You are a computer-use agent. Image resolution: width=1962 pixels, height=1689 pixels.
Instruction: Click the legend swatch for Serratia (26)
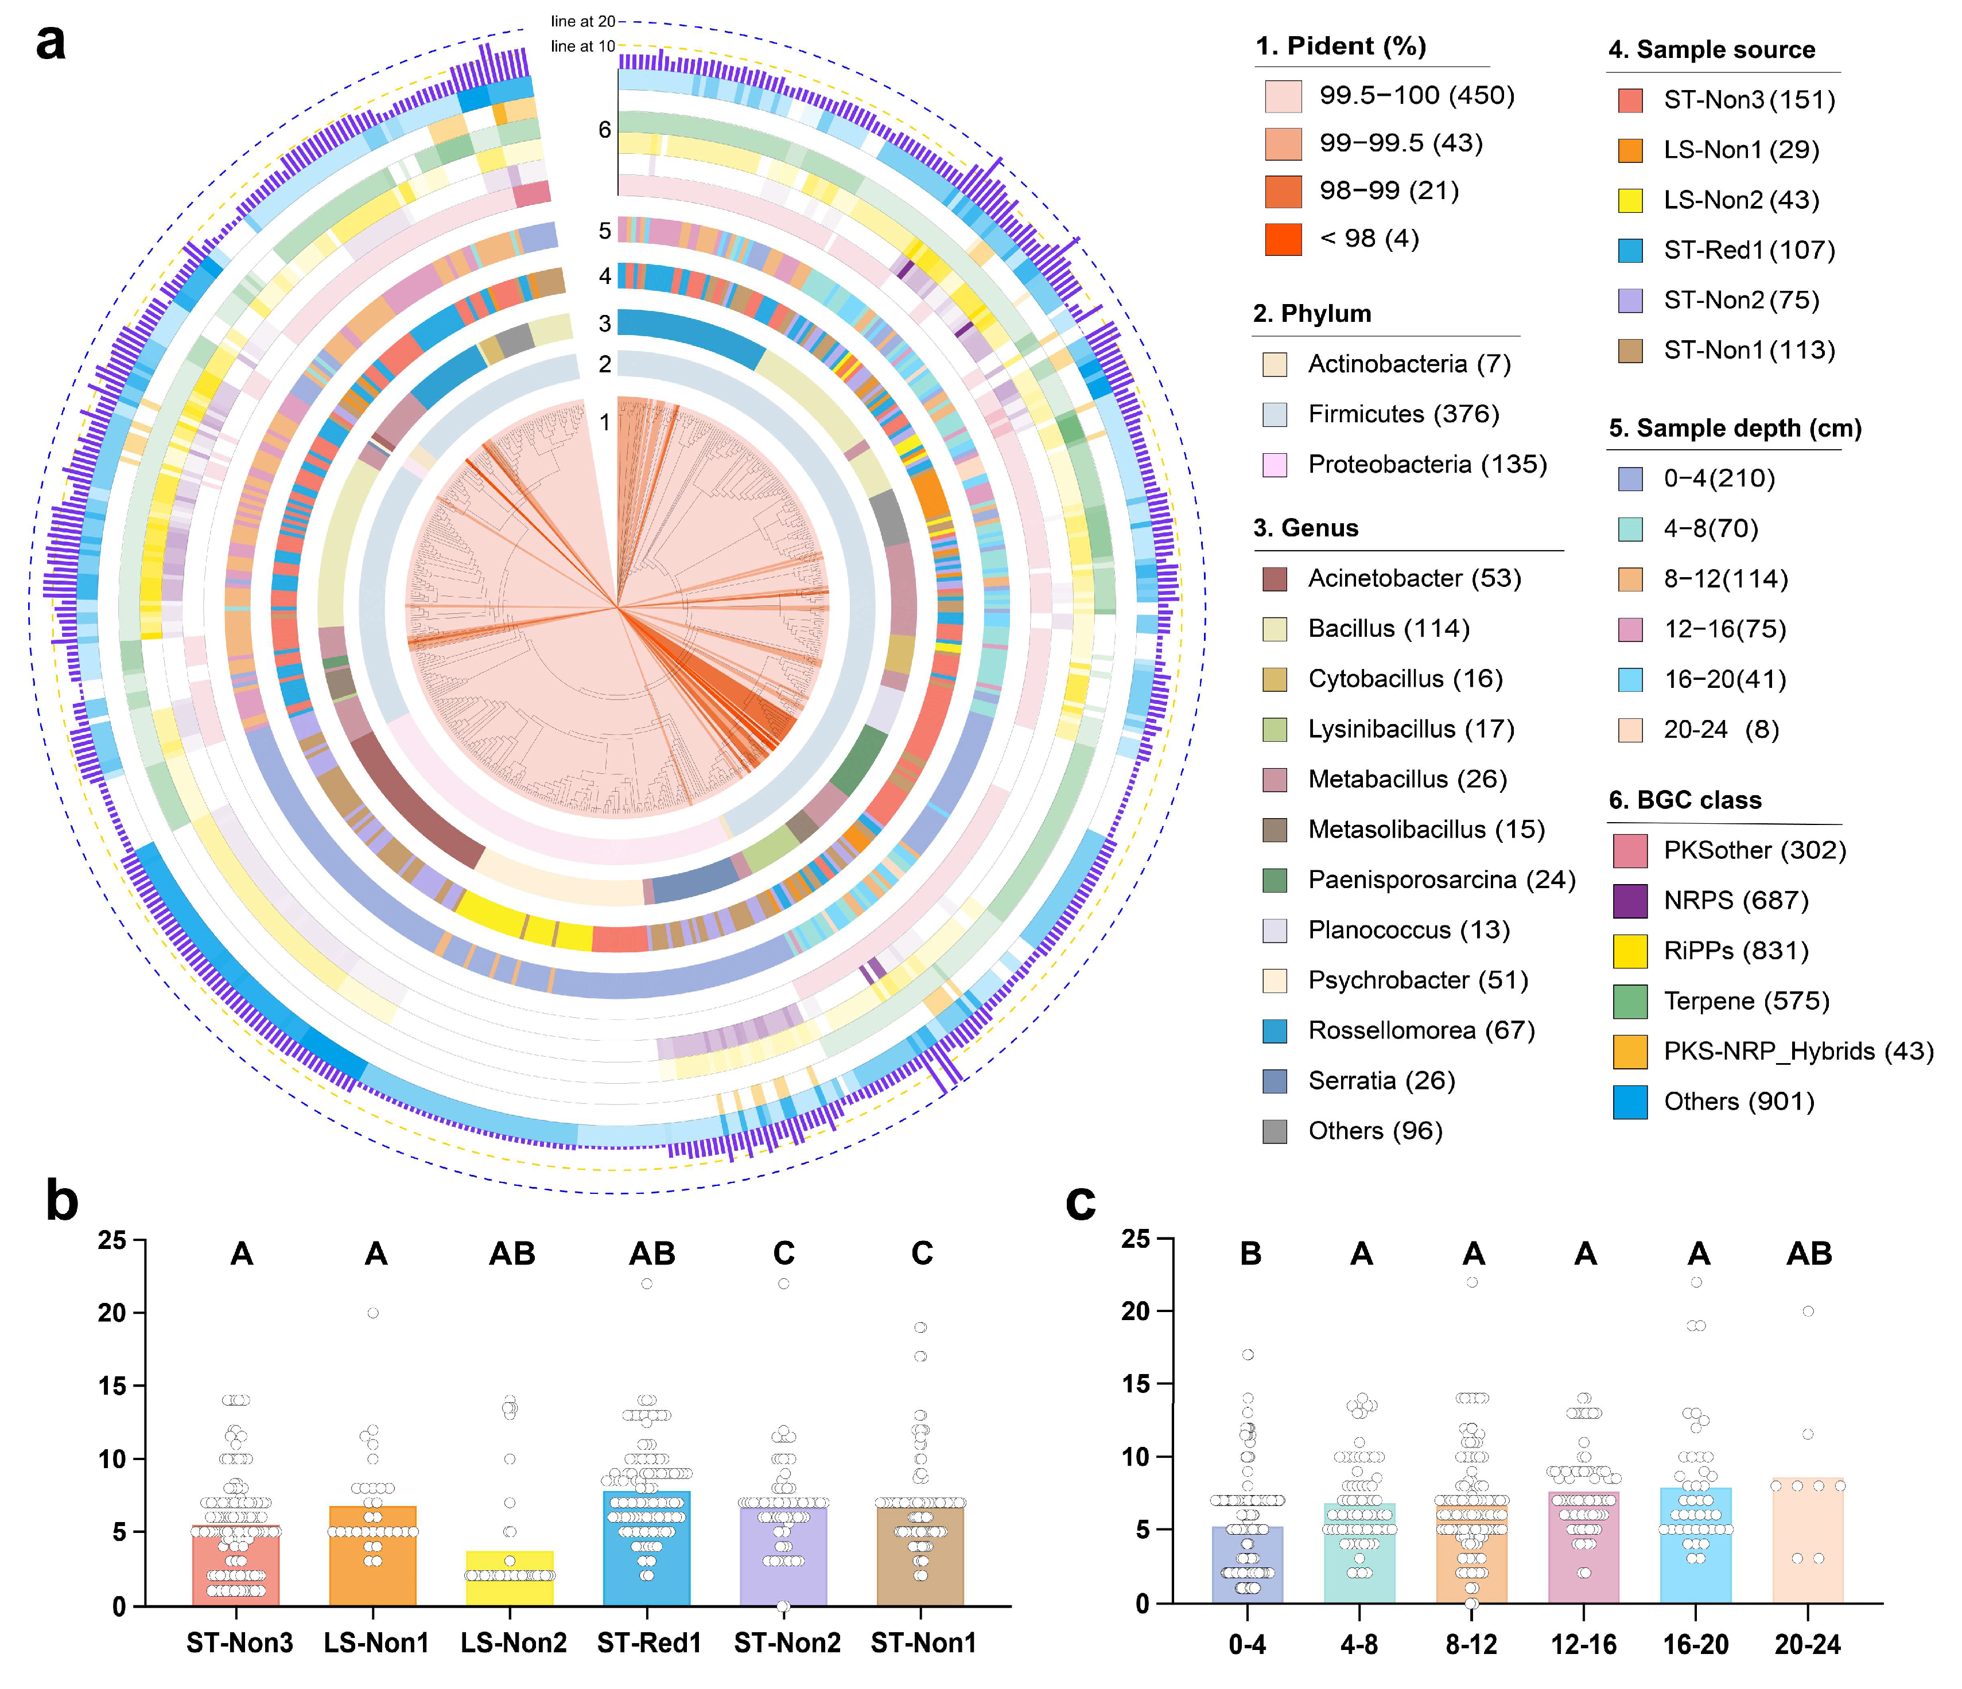click(x=1275, y=1081)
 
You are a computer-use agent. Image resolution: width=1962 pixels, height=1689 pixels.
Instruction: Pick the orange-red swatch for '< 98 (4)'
click(x=1283, y=239)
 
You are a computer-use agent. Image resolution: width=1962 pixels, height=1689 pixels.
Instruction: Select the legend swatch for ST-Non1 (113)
click(x=1630, y=351)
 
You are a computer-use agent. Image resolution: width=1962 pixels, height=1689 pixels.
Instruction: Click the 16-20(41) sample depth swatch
click(x=1630, y=680)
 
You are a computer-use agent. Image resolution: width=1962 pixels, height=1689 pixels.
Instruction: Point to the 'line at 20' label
click(x=582, y=21)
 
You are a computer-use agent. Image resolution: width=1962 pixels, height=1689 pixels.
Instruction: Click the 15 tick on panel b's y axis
click(x=112, y=1386)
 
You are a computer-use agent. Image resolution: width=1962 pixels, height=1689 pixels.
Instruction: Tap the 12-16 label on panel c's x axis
click(x=1583, y=1644)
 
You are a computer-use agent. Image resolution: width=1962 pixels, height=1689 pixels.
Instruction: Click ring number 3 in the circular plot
click(x=604, y=324)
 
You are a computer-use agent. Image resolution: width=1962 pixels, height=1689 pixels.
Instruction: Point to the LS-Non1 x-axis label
click(x=376, y=1643)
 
